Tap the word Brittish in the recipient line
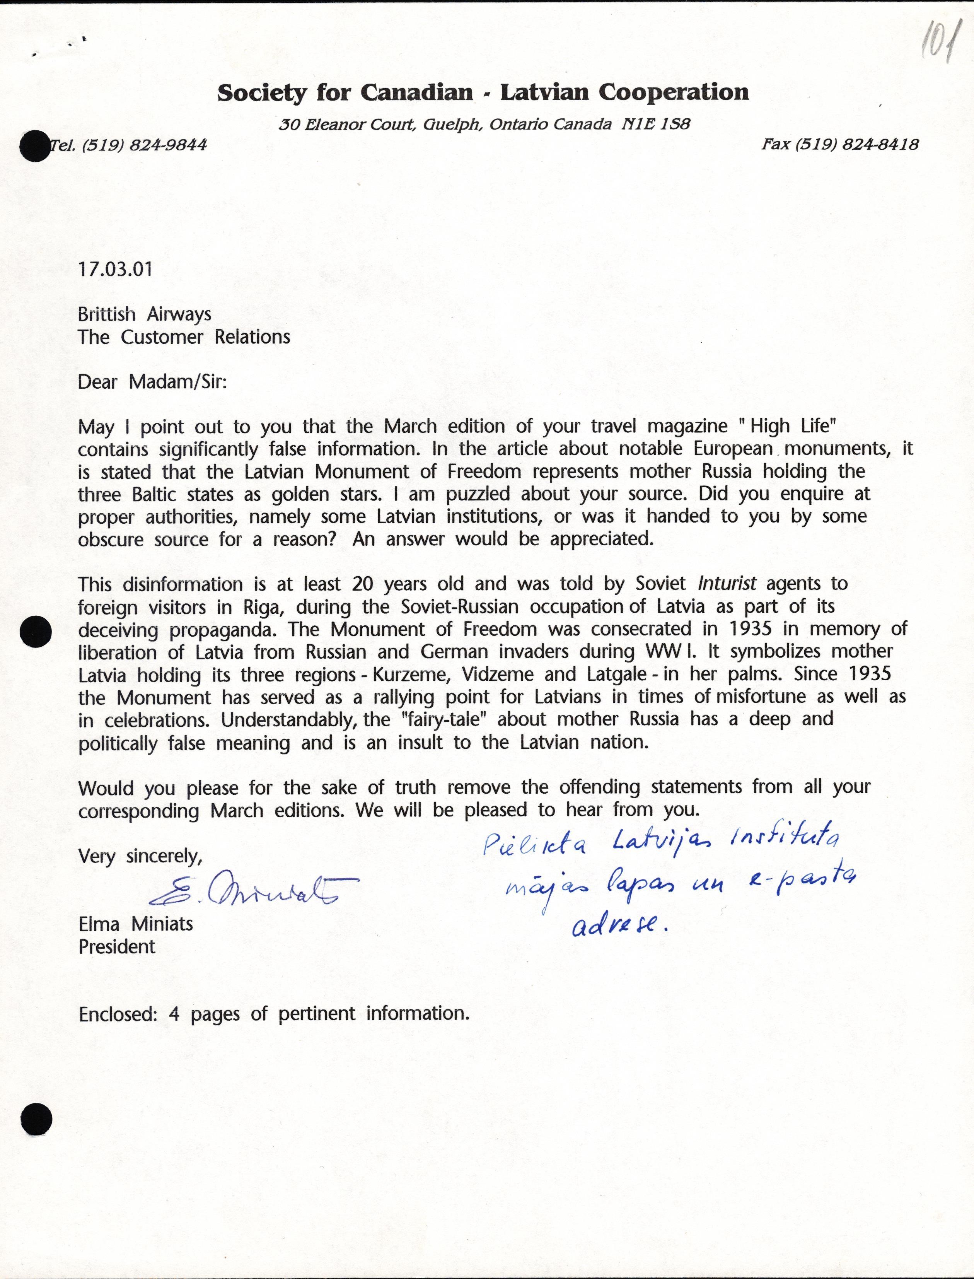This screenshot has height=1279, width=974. pos(107,314)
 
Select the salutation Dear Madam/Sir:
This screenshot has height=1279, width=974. pos(152,382)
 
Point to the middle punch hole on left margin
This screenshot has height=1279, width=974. pos(36,632)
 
